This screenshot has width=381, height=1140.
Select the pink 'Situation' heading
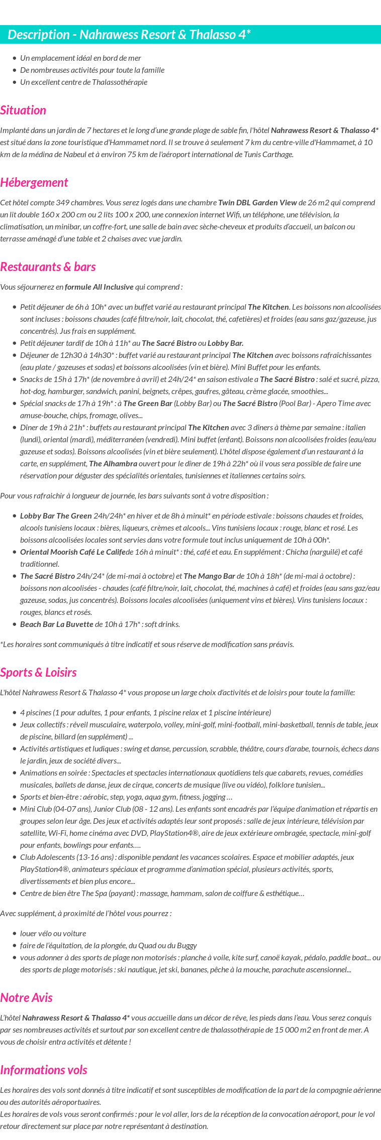point(23,110)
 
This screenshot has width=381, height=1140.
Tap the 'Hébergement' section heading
point(34,183)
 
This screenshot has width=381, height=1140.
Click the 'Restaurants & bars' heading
point(48,267)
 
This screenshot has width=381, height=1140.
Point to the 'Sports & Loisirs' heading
point(38,673)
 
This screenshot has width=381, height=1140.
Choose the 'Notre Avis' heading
point(26,998)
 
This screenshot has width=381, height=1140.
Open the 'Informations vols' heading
point(44,1070)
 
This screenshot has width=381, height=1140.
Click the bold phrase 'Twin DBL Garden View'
point(257,203)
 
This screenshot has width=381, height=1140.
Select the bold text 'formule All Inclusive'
point(99,287)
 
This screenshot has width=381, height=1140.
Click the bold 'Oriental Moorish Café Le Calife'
point(73,552)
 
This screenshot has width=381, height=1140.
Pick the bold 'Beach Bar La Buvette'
point(57,624)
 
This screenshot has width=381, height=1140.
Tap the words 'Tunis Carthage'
point(268,155)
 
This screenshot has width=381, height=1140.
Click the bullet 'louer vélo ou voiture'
point(53,934)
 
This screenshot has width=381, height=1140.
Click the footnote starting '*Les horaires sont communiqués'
point(147,645)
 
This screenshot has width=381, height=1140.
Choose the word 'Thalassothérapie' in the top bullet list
point(120,82)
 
